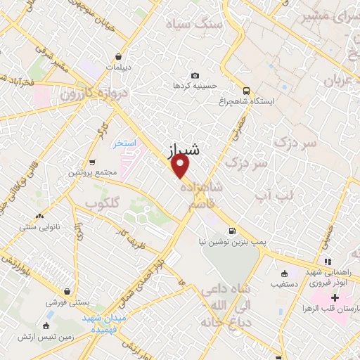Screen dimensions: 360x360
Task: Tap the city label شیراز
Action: click(185, 150)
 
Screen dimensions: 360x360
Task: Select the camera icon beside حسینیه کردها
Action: click(195, 76)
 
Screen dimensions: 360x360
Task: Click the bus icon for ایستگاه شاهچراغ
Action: click(246, 91)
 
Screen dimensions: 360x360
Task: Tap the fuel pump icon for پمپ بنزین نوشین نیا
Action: click(231, 231)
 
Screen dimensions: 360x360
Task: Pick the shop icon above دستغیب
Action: click(284, 274)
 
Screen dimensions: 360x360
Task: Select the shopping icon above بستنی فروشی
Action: click(66, 292)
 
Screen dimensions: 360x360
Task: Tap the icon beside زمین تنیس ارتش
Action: click(46, 325)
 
